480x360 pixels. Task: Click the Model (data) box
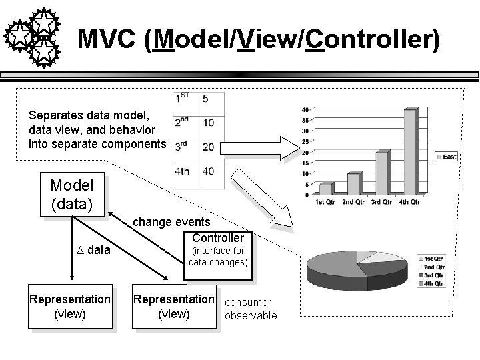[72, 195]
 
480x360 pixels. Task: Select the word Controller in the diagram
[218, 238]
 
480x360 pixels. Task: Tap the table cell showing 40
[209, 171]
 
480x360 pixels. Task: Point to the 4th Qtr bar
[409, 151]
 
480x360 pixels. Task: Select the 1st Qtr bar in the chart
[325, 189]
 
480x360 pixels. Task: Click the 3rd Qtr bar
[381, 173]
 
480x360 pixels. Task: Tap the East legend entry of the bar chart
[446, 156]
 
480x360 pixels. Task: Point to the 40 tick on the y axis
[305, 110]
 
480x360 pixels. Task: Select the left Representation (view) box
[70, 307]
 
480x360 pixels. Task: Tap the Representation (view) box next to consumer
[175, 307]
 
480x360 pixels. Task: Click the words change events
[172, 221]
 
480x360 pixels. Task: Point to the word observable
[251, 315]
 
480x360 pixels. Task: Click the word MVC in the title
[107, 39]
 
